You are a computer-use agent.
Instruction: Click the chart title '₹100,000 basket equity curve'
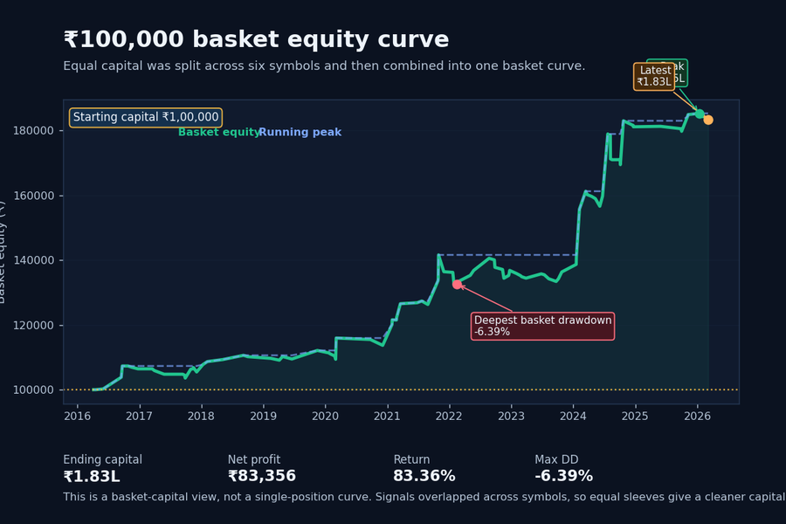coord(256,40)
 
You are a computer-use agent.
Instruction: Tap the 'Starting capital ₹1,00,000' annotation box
coord(146,117)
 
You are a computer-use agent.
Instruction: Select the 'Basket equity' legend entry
coord(219,133)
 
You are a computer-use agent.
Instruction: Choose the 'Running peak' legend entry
coord(300,133)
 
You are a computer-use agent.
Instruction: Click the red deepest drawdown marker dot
coord(457,285)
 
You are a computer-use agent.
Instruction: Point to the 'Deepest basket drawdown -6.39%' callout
coord(542,326)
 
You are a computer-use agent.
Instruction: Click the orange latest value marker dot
coord(708,120)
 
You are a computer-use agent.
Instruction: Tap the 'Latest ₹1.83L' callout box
coord(655,77)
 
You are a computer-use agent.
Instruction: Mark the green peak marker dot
coord(700,114)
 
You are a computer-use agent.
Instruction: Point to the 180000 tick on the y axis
coord(35,131)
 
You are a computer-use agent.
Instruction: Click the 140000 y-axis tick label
coord(35,260)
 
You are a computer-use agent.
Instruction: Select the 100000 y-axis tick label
coord(35,390)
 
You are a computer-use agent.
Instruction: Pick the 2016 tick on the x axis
coord(78,416)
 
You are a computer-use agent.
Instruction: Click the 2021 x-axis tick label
coord(387,416)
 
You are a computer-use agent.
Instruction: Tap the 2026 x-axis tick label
coord(697,416)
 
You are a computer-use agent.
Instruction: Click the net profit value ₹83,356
coord(262,477)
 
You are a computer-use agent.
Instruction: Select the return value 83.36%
coord(424,477)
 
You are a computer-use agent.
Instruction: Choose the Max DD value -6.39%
coord(563,477)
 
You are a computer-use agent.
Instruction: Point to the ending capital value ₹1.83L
coord(92,477)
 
